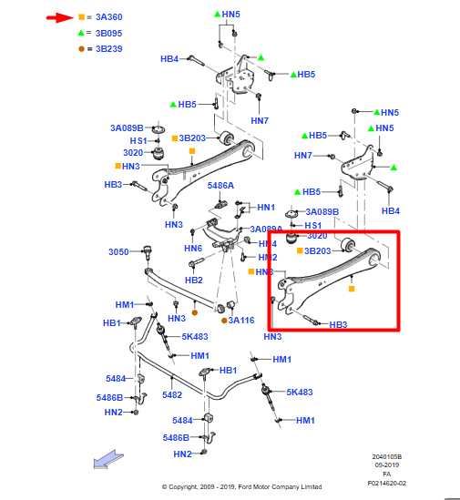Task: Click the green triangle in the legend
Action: tap(81, 32)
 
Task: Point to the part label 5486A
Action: tap(220, 185)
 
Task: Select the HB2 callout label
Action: tap(194, 280)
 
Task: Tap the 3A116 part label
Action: tap(240, 320)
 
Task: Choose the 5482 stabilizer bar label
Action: tap(172, 394)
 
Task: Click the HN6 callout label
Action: tap(193, 248)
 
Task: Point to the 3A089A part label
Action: tap(267, 230)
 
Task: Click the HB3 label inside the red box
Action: tap(338, 324)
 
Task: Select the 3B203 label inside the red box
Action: tap(318, 250)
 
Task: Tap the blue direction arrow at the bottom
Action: tap(106, 462)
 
